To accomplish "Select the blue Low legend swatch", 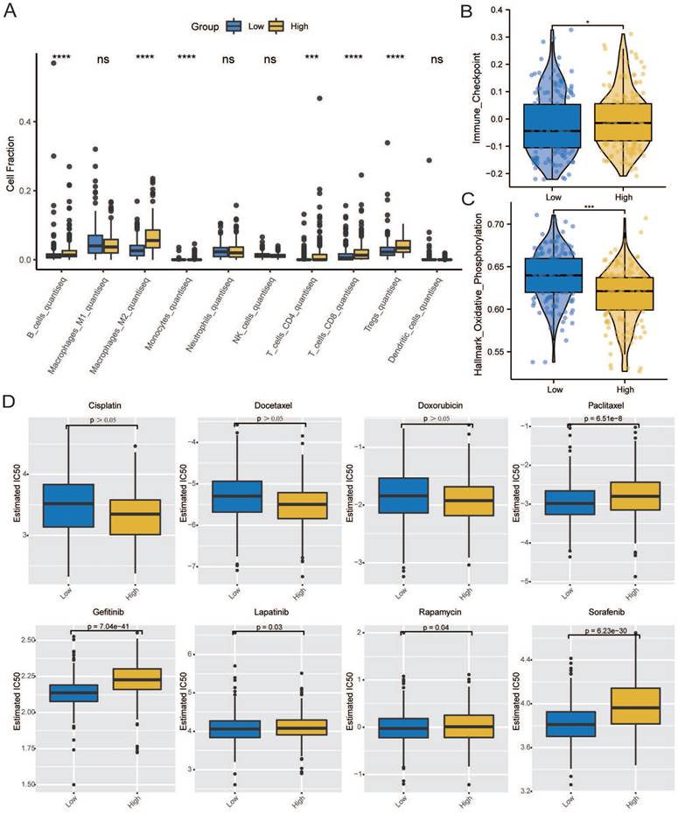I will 232,26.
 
